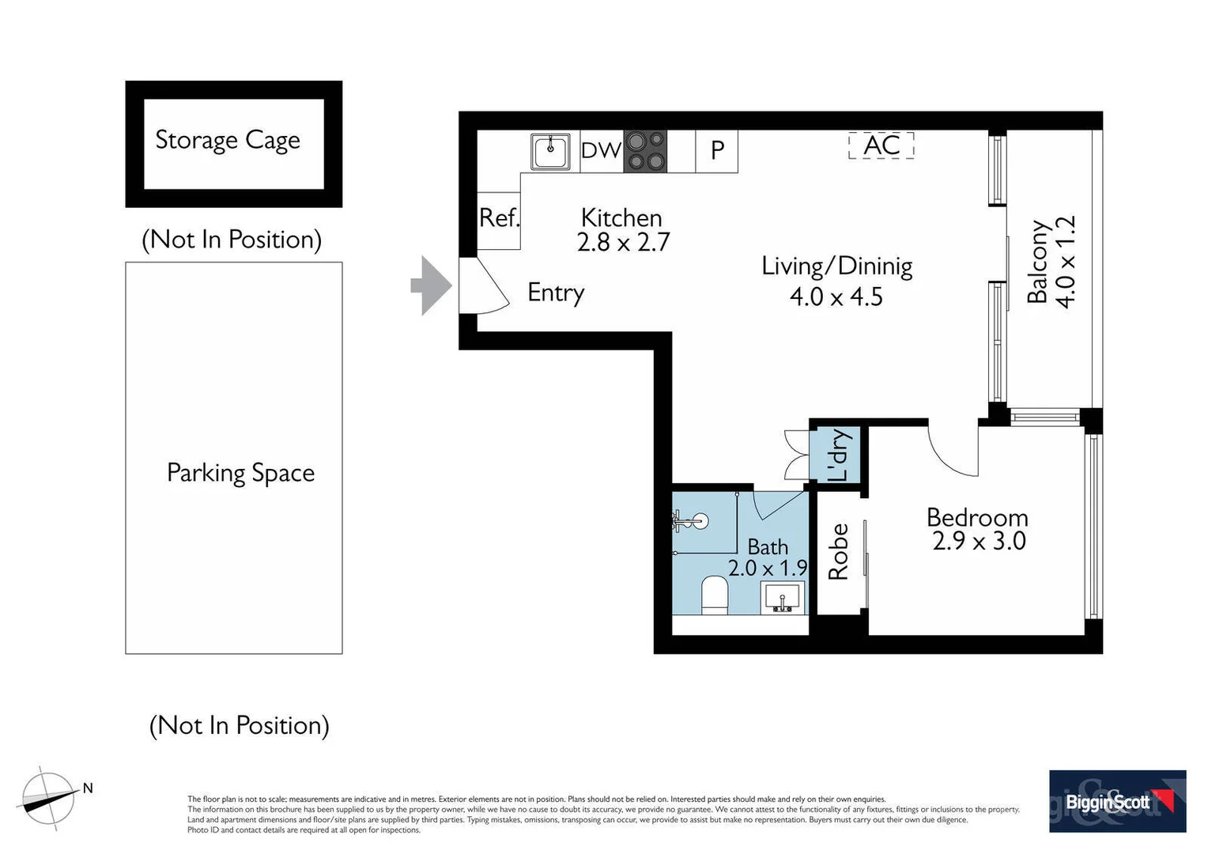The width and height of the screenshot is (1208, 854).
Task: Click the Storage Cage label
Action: (x=228, y=140)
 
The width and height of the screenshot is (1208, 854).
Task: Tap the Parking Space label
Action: (x=240, y=473)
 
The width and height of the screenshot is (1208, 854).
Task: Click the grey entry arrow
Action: (x=432, y=285)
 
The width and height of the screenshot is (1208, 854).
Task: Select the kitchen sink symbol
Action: (x=550, y=151)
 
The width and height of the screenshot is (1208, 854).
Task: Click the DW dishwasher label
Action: (x=602, y=150)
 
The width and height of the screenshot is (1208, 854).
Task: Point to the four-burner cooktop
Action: (x=645, y=151)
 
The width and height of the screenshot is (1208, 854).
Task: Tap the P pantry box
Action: (x=717, y=151)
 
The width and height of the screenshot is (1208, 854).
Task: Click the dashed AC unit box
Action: (x=881, y=145)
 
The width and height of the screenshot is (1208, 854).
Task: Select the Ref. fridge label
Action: (x=500, y=218)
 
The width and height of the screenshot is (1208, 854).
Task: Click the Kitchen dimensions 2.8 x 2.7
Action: (x=623, y=242)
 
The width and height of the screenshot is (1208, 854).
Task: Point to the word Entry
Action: (x=556, y=293)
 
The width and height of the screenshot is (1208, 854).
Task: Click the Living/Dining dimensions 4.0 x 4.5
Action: (x=836, y=297)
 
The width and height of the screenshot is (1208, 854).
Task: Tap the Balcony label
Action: (x=1037, y=262)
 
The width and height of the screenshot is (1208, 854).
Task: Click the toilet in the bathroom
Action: (x=715, y=595)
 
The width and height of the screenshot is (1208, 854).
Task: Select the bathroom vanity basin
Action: (x=783, y=598)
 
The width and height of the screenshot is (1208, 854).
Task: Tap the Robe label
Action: (x=838, y=552)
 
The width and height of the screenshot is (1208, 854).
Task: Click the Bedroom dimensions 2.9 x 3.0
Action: (x=979, y=541)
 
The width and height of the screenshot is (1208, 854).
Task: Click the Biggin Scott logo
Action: (x=1117, y=801)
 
